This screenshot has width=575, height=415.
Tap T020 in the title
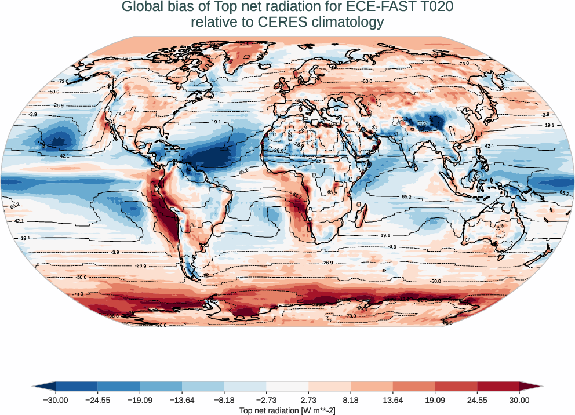(x=435, y=8)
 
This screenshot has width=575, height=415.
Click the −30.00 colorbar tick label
(x=56, y=400)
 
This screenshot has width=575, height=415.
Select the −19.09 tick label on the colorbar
(x=140, y=400)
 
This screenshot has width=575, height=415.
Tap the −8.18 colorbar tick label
(x=224, y=400)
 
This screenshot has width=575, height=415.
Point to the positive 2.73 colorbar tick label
(x=308, y=400)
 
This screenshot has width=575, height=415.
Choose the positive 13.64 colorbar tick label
(x=393, y=400)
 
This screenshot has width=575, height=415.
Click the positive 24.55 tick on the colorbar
(x=477, y=400)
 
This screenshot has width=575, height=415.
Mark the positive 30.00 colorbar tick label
(x=519, y=400)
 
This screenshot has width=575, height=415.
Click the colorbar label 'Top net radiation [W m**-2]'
(x=287, y=410)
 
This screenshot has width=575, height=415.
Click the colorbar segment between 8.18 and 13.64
(x=372, y=386)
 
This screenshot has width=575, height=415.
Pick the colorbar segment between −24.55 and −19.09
(x=119, y=386)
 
